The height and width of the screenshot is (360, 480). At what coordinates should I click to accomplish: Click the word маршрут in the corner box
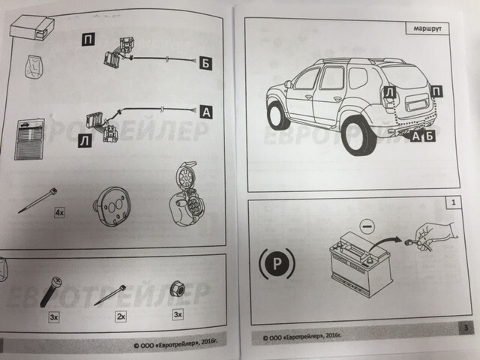coord(427,29)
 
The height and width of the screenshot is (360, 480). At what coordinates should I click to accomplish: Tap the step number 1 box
coord(453,202)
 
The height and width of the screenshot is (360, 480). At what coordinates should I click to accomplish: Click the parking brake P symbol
coord(277,263)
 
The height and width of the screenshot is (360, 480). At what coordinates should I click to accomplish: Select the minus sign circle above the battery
coord(367,226)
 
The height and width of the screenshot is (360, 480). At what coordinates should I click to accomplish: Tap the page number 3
coord(466,328)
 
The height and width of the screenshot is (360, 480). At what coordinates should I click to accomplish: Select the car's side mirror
coord(288,84)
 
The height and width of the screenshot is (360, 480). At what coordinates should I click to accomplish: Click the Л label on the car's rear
coord(390,92)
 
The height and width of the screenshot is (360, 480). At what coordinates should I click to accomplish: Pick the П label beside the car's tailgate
coord(436,91)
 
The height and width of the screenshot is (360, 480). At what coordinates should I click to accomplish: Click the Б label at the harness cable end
coord(205,63)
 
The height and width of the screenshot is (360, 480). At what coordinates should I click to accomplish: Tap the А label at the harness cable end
coord(206,112)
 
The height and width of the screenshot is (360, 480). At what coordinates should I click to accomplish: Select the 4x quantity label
coord(60,212)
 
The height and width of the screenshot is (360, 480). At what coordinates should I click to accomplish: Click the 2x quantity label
coord(121,316)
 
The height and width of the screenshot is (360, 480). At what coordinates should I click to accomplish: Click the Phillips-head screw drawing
coord(50,292)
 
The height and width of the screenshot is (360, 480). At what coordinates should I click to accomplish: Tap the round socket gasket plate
coord(112,207)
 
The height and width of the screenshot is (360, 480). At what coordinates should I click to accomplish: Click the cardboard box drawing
coord(32,28)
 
